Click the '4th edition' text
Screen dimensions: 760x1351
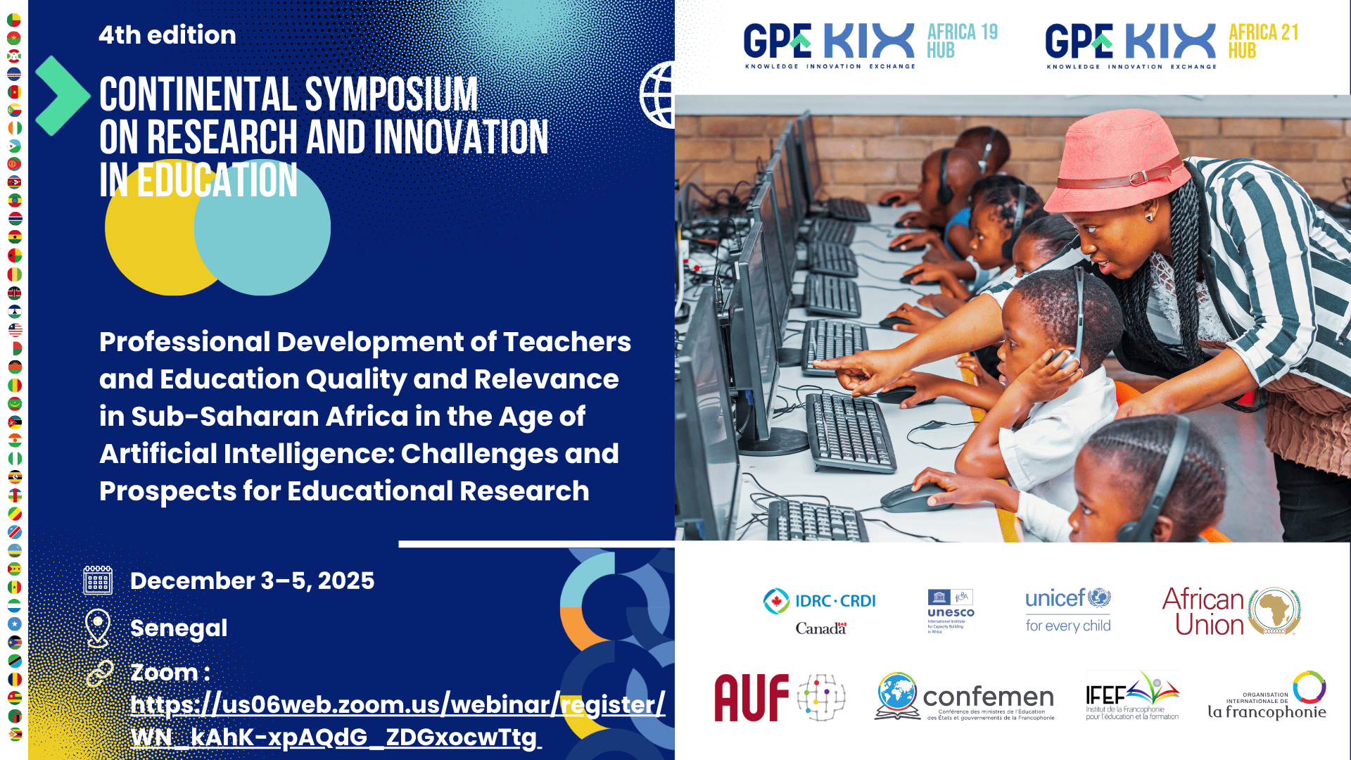coord(167,35)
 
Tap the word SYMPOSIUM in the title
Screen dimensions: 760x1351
coord(391,95)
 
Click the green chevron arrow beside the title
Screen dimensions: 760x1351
coord(62,96)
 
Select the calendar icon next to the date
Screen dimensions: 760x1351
coord(98,581)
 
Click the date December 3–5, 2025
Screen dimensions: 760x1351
coord(252,581)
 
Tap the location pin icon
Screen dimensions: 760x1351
coord(98,627)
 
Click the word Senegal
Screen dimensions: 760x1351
coord(179,628)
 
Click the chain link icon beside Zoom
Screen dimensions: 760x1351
coord(99,673)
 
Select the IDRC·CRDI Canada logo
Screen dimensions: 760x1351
coord(820,611)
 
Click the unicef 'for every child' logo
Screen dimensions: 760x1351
coord(1067,611)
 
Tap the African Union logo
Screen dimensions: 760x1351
coord(1231,611)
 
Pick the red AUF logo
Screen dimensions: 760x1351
coord(751,697)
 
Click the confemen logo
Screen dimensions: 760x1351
coord(965,697)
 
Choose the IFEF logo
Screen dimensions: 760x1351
coord(1131,696)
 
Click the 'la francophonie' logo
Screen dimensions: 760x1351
coord(1267,697)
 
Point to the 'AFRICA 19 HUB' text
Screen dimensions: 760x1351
coord(962,41)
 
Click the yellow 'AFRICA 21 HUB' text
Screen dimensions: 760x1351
coord(1263,41)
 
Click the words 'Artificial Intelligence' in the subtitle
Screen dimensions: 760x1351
coord(246,454)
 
